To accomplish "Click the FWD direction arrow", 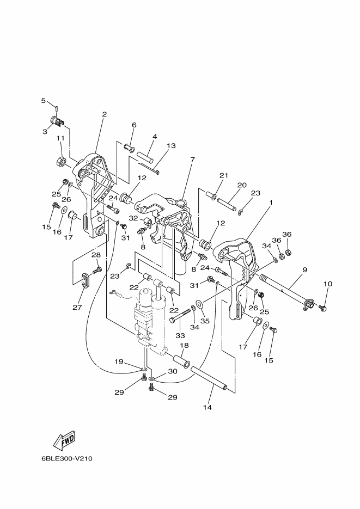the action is tap(65, 440).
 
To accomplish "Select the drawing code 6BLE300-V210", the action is tap(67, 458).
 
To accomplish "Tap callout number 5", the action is tap(43, 101).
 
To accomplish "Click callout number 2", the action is tap(104, 114).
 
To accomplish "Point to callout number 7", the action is tap(192, 160).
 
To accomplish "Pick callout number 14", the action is tap(208, 407).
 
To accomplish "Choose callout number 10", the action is tap(328, 284).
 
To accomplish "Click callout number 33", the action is tap(180, 335).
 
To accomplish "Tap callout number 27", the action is tap(77, 307).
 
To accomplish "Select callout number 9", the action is tap(304, 269).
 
